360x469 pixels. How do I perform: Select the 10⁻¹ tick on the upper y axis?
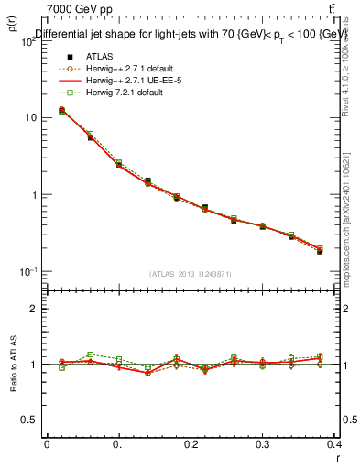pos(27,272)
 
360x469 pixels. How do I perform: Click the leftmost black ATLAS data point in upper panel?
pos(61,110)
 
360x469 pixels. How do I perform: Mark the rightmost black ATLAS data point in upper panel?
pos(320,251)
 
